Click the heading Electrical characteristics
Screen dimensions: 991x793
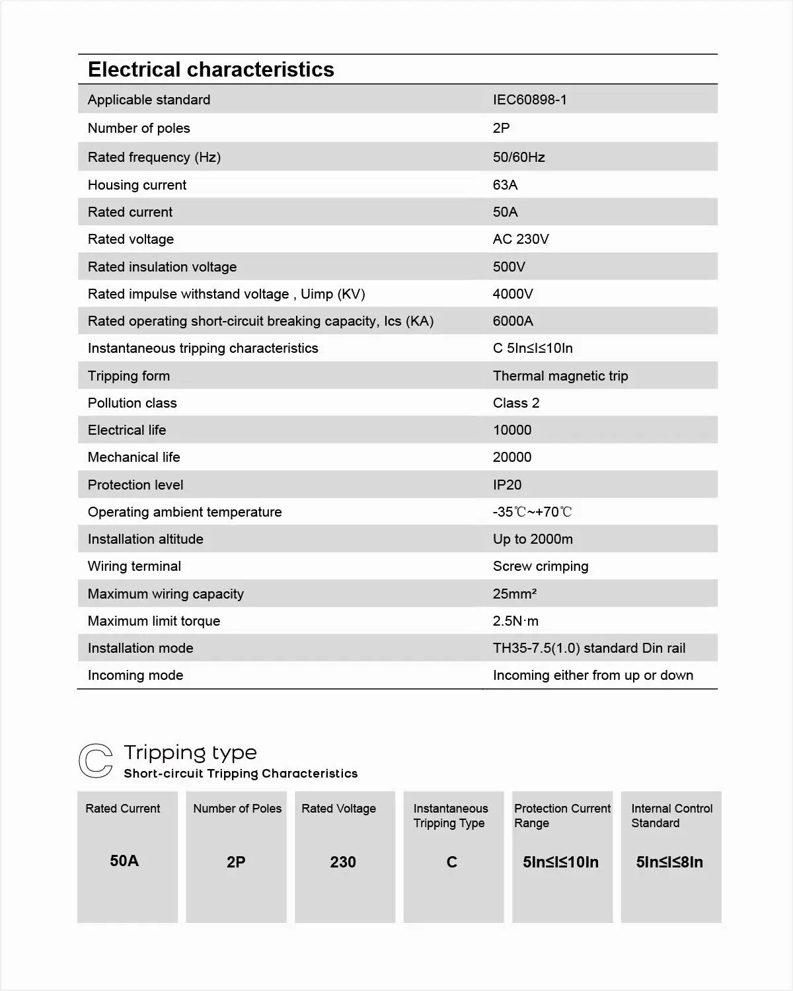(211, 69)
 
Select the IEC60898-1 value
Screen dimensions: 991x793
(529, 100)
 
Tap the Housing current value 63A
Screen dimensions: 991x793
(505, 185)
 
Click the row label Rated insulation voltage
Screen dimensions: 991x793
(162, 267)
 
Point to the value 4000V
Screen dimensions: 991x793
(512, 294)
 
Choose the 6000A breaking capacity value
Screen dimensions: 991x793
(512, 321)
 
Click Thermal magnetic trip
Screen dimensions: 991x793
(560, 376)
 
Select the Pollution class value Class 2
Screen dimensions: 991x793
(515, 403)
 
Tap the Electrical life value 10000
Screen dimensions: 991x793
(511, 430)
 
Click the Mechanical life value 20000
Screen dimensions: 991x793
(511, 457)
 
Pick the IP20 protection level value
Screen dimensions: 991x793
(507, 485)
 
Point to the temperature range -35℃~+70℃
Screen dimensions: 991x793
(532, 512)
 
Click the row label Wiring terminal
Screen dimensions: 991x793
(134, 566)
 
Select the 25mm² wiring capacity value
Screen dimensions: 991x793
(514, 594)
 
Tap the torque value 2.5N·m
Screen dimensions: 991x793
(515, 621)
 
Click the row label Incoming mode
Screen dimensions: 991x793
(135, 675)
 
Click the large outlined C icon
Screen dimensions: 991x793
(96, 760)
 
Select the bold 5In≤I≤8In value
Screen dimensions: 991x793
(669, 862)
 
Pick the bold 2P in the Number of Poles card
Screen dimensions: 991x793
(236, 862)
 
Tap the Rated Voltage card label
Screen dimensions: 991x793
(338, 809)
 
